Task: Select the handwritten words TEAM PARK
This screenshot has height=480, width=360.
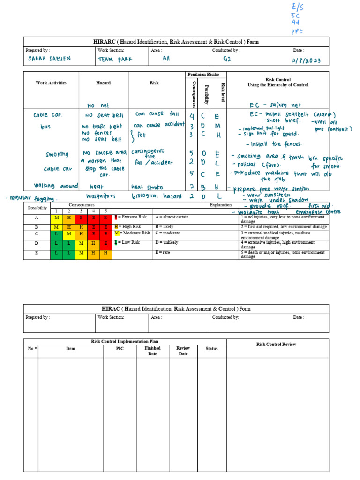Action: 115,60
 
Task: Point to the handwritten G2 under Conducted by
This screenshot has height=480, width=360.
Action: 227,59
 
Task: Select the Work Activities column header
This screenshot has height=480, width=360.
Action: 51,83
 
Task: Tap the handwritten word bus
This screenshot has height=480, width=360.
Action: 45,127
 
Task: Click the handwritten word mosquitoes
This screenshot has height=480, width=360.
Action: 101,196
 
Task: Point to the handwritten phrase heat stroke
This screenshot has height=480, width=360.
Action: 147,187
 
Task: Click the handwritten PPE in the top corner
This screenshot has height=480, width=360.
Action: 297,31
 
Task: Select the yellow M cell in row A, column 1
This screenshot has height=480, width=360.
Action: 57,217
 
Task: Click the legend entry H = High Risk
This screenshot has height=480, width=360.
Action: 127,226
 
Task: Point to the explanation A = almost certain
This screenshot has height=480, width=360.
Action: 172,217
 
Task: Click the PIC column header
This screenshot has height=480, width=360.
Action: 120,349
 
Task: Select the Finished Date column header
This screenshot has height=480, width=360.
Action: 152,351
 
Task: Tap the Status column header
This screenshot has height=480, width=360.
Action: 211,349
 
